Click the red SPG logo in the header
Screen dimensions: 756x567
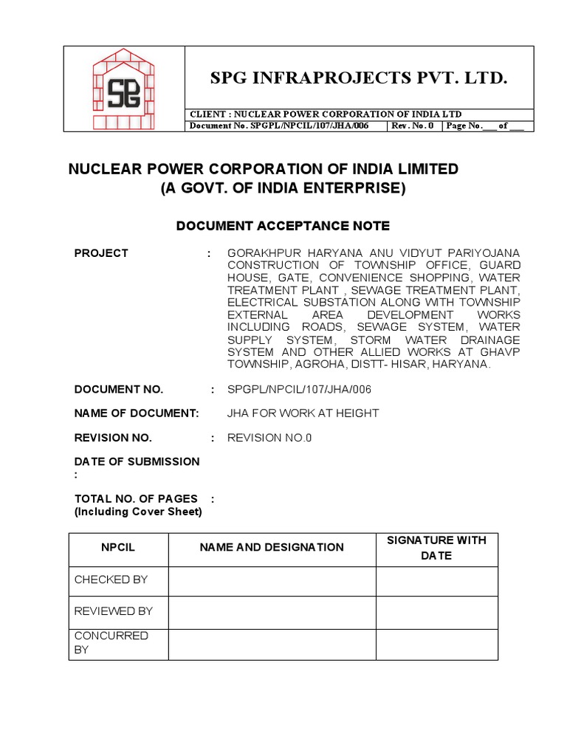(x=123, y=89)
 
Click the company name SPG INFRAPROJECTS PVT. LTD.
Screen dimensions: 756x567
(x=359, y=78)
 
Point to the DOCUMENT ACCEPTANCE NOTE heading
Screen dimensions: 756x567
(x=283, y=225)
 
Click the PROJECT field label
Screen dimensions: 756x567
(x=101, y=253)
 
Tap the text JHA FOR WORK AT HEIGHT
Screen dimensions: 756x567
(x=303, y=413)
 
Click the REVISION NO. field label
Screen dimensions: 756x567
(x=113, y=438)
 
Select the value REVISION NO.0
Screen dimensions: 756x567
(x=269, y=438)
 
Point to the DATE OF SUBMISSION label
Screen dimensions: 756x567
(x=137, y=461)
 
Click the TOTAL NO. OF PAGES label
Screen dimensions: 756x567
(x=136, y=499)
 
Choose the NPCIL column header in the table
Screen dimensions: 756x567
(x=118, y=548)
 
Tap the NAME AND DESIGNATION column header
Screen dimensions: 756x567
(x=272, y=548)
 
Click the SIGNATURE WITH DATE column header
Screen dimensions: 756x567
(x=436, y=548)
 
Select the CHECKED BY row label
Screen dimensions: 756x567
(x=111, y=580)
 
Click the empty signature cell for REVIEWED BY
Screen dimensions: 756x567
(x=436, y=612)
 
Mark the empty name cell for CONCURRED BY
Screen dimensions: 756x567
(x=272, y=643)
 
